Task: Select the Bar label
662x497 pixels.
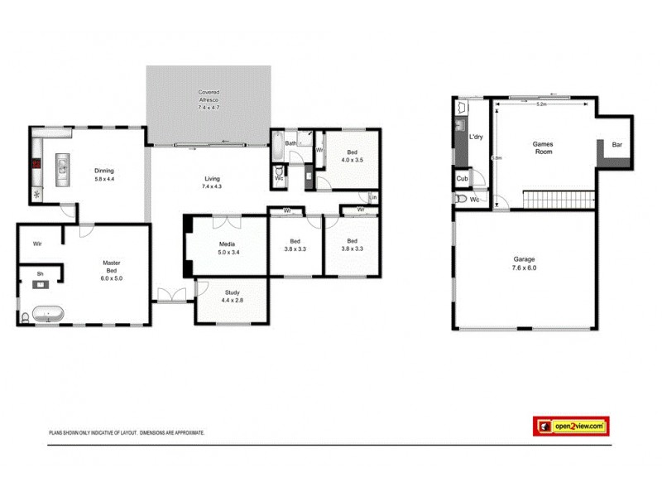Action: pos(616,145)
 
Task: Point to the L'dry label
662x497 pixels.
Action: pos(476,137)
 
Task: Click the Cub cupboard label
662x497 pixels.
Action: pos(462,179)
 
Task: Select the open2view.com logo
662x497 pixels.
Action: pos(571,426)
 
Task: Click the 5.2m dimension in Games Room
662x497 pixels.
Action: pos(541,104)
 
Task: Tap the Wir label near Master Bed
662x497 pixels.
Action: pos(37,244)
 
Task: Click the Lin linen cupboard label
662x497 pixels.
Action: pos(373,197)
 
